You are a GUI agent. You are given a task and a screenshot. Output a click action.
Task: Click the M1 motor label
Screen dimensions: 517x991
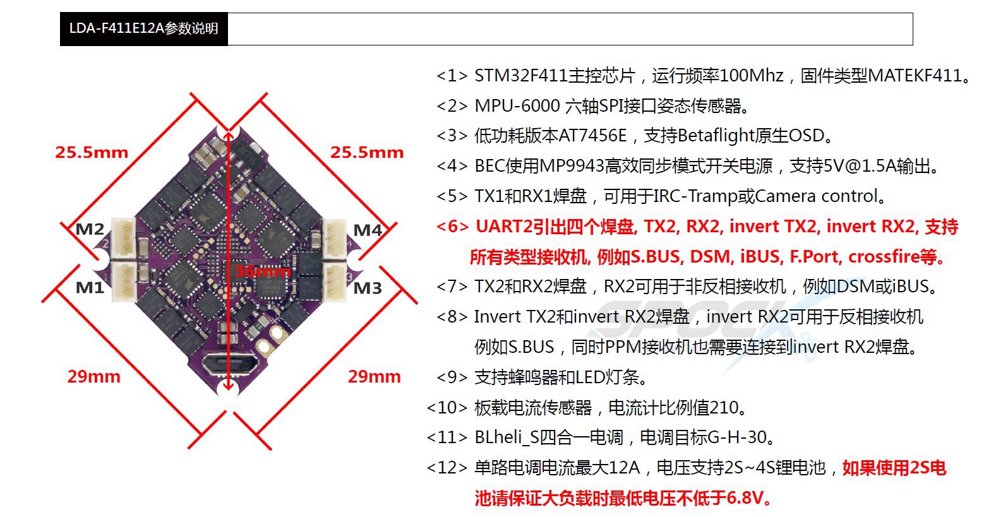click(89, 287)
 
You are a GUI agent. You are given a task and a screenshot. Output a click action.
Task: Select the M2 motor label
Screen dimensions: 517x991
click(89, 229)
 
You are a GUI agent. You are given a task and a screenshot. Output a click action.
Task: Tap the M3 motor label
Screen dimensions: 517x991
click(368, 288)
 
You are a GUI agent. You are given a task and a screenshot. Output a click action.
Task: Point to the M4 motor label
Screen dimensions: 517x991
click(368, 230)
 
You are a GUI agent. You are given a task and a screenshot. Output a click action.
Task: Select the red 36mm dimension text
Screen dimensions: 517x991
click(262, 271)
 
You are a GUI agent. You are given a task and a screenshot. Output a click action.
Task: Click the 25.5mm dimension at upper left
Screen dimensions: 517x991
click(92, 152)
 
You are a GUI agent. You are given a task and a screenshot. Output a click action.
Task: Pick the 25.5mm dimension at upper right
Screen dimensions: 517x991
click(367, 152)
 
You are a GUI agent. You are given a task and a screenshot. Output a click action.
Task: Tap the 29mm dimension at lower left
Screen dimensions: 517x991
click(93, 376)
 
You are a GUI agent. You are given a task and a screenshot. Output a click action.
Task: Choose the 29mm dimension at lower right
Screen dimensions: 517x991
click(374, 376)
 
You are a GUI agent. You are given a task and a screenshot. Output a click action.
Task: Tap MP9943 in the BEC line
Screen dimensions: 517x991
click(572, 166)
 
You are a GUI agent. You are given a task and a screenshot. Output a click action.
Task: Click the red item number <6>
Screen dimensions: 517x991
click(452, 226)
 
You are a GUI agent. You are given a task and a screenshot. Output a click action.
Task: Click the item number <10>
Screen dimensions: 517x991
click(447, 408)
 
